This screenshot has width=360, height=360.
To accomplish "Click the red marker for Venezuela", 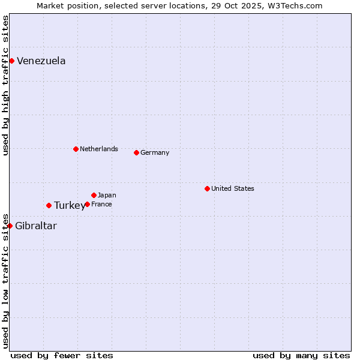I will point(11,61).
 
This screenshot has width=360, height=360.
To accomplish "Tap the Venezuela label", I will point(41,61).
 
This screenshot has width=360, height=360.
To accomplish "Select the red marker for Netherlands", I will point(76,149).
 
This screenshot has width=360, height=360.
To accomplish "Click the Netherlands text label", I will point(99,149).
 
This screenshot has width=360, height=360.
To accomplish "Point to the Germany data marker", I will point(136,152).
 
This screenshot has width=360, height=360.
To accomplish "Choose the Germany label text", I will point(155,152).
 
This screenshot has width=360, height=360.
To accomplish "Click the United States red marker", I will point(207,188).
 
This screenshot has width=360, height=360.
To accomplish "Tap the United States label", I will point(233,188).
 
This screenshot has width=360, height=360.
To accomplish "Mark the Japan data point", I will point(94,195).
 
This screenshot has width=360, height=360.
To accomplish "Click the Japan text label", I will point(107,195).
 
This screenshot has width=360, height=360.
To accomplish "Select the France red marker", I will point(87,204).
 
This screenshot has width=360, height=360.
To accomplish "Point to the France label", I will point(101,204).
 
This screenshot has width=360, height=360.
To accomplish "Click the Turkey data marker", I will point(49,205).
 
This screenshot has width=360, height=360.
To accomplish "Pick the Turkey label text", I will point(69,206).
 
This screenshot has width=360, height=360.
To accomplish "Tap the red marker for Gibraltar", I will point(10,226).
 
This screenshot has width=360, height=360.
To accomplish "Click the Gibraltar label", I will point(36,226).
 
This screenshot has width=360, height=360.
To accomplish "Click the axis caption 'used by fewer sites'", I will point(62,355).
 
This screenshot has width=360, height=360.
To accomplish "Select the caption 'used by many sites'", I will point(301,355).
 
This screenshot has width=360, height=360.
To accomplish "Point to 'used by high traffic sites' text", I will point(5,85).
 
